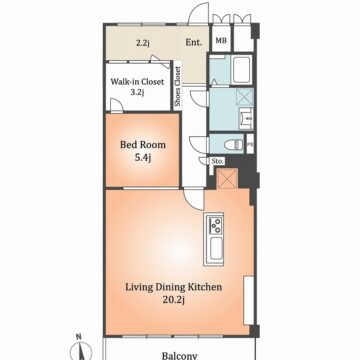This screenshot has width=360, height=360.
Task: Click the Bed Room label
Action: coord(143,145)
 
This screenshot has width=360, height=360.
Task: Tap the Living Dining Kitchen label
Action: coord(174,287)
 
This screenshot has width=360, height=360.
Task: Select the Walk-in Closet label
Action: coord(137,81)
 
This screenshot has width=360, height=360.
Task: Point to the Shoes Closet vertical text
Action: coord(178,87)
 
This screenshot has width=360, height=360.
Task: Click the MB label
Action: coord(221,41)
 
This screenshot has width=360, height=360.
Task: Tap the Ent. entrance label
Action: coord(194,42)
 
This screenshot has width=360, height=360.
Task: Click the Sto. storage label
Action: coord(217,162)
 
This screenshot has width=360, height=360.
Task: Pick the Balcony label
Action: coord(180,355)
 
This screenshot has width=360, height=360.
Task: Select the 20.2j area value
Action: coord(174,300)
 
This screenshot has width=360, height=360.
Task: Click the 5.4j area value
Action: coord(143,158)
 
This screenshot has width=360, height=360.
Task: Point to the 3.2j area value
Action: coord(137,92)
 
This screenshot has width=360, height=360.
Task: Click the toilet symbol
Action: coord(234,144)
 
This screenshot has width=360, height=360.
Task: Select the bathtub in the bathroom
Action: coord(242,70)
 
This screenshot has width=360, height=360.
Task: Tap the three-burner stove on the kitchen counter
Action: coord(215,225)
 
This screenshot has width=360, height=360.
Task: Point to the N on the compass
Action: coord(79,337)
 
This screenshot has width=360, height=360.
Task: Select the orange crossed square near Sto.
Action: coord(227,179)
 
